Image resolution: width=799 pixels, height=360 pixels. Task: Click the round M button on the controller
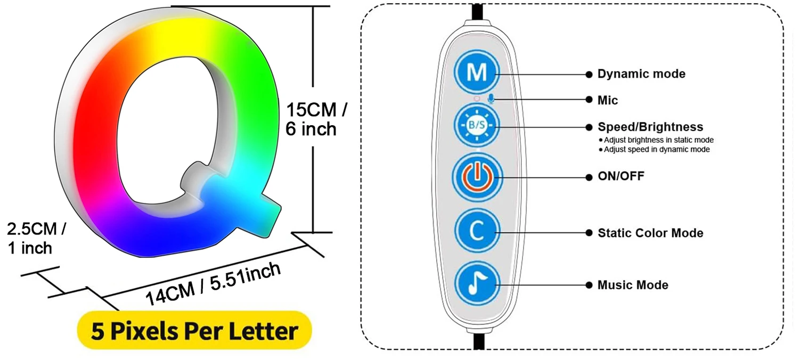click(476, 74)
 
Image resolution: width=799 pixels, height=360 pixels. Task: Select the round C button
click(476, 232)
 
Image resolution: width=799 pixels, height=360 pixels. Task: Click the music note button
click(476, 284)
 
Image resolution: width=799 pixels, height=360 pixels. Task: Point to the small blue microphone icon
click(492, 99)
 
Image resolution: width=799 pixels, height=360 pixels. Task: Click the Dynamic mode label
click(641, 74)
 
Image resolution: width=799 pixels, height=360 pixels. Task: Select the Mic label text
click(607, 100)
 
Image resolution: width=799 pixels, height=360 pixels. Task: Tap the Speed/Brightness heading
click(650, 127)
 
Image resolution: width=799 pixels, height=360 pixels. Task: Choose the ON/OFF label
click(621, 176)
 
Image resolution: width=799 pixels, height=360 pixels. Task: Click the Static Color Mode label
click(650, 233)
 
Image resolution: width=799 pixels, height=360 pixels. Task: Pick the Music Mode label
click(632, 285)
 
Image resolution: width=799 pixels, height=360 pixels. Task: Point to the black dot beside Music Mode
click(589, 285)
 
